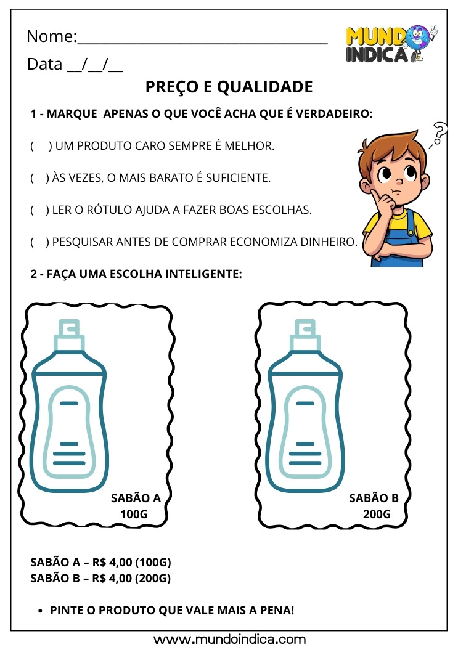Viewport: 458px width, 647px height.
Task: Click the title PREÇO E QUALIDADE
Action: [229, 87]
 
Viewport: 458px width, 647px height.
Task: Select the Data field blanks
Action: [95, 65]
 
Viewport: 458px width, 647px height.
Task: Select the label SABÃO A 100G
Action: [135, 506]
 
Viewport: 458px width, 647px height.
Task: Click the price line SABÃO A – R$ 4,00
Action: [100, 563]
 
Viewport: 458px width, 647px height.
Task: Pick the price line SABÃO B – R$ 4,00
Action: [100, 579]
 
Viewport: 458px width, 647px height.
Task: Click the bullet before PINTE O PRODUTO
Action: [41, 611]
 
